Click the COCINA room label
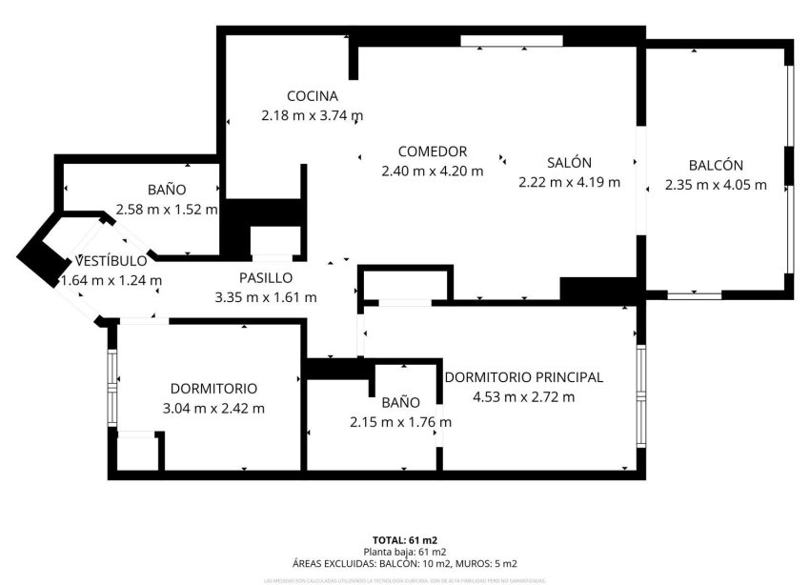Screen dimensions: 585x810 click(x=313, y=95)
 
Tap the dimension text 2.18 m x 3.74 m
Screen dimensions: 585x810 click(x=313, y=115)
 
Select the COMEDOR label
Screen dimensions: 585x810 click(x=432, y=151)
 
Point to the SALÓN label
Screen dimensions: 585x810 click(x=569, y=163)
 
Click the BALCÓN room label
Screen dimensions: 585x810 click(x=717, y=165)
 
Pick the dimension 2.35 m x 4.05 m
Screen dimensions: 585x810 click(x=717, y=185)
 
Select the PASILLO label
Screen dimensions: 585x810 click(x=266, y=278)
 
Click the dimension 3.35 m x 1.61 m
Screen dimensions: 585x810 click(x=266, y=297)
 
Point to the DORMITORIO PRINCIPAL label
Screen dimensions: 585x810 click(x=523, y=377)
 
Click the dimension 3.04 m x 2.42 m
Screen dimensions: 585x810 click(x=213, y=408)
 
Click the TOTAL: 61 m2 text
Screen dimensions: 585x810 click(x=404, y=540)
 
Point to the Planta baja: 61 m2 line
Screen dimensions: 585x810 click(x=404, y=552)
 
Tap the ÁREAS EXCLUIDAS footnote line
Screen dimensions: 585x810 click(x=404, y=563)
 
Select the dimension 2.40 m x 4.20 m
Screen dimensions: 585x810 click(x=432, y=171)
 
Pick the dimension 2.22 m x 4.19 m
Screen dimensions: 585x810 click(x=569, y=182)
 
